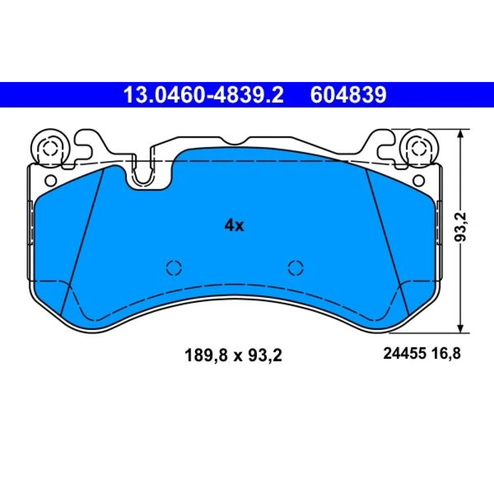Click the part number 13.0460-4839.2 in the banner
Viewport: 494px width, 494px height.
coord(204,95)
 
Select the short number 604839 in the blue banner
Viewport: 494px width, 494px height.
coord(348,95)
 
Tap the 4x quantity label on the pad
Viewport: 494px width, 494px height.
coord(234,226)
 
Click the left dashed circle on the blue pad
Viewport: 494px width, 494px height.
coord(174,268)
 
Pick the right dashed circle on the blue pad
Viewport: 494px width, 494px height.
coord(296,268)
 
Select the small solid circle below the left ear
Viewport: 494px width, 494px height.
coord(51,180)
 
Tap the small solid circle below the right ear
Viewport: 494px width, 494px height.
coord(418,180)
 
